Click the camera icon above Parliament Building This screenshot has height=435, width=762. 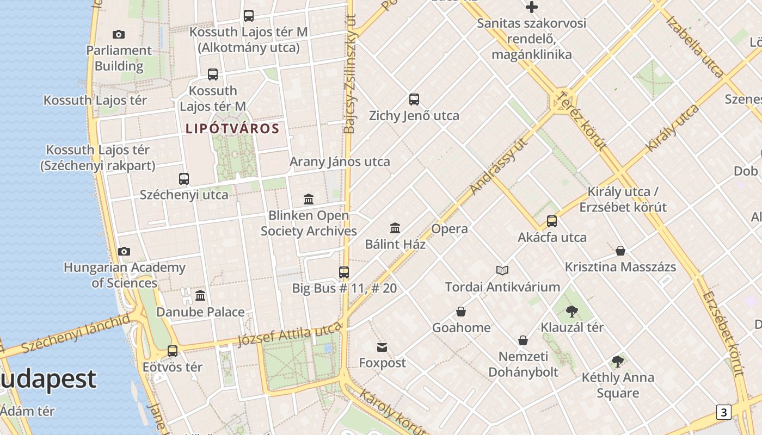click(119, 35)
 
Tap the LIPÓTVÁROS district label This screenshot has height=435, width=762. click(232, 129)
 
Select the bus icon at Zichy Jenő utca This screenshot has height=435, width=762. click(414, 100)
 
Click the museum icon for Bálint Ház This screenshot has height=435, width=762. click(395, 228)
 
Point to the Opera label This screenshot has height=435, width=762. click(450, 229)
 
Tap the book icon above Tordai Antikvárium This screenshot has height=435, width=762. click(502, 270)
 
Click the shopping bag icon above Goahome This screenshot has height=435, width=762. click(461, 312)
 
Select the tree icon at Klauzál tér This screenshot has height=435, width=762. click(571, 312)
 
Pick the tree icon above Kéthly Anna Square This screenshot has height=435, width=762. click(618, 362)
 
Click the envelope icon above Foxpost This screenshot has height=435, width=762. click(382, 347)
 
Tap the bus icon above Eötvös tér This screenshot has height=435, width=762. click(173, 351)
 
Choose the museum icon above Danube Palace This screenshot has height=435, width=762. click(200, 296)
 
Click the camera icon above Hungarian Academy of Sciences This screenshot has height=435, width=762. click(124, 251)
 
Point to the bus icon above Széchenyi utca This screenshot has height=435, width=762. click(184, 178)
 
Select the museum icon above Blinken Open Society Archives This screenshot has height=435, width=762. click(309, 200)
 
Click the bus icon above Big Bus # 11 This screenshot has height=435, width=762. click(344, 272)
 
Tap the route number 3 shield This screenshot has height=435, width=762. click(723, 412)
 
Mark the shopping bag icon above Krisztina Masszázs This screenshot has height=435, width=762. click(620, 251)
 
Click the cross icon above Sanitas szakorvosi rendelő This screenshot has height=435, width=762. click(532, 8)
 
